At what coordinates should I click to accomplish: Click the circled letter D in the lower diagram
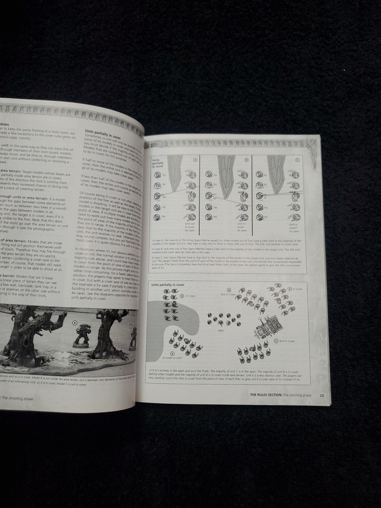[x=182, y=295]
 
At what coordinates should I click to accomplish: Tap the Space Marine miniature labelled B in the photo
[x=80, y=335]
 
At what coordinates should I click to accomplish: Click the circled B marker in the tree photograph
[x=75, y=322]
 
